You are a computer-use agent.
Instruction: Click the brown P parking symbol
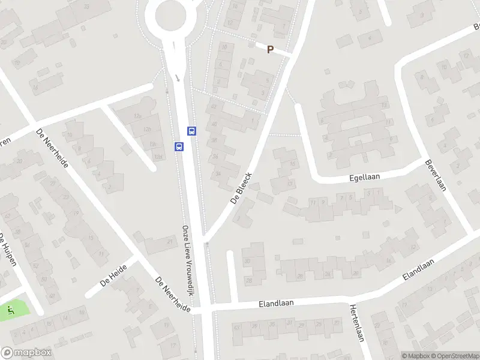(x=270, y=50)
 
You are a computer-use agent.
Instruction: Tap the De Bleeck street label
(x=241, y=190)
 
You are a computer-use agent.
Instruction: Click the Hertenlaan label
(x=356, y=322)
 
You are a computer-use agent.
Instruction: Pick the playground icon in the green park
(x=11, y=310)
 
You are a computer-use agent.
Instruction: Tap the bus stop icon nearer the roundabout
(x=192, y=130)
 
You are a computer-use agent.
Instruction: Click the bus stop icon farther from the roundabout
(x=179, y=146)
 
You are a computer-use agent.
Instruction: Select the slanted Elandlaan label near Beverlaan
(x=418, y=268)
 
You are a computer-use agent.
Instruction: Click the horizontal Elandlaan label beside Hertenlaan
(x=276, y=304)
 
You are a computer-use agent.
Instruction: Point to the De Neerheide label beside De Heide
(x=173, y=295)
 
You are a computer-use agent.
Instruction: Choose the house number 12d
(x=158, y=157)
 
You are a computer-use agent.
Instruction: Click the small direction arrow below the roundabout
(x=178, y=77)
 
